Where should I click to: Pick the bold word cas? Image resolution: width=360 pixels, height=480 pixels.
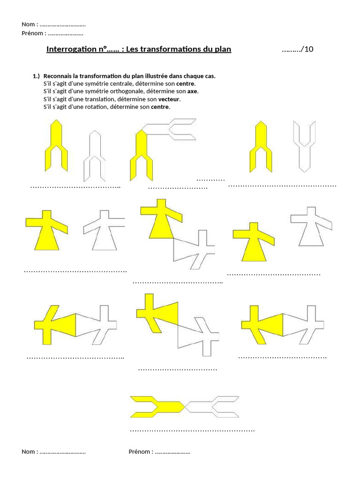click(210, 76)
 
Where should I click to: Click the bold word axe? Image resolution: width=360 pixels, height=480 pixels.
click(192, 91)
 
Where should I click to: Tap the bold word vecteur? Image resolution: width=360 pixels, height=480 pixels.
click(169, 99)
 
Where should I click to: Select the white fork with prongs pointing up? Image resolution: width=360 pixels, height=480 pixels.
click(304, 145)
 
